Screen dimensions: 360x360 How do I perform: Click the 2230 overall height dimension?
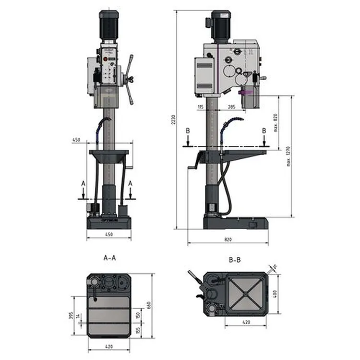coord(174,120)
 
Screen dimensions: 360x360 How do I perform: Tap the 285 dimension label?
coord(231,107)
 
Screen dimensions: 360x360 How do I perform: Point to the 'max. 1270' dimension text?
coord(288,156)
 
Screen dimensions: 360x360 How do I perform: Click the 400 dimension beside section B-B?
coord(275,293)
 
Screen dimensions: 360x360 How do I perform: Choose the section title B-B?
coord(235,260)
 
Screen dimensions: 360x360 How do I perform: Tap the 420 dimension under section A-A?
coord(109,346)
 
